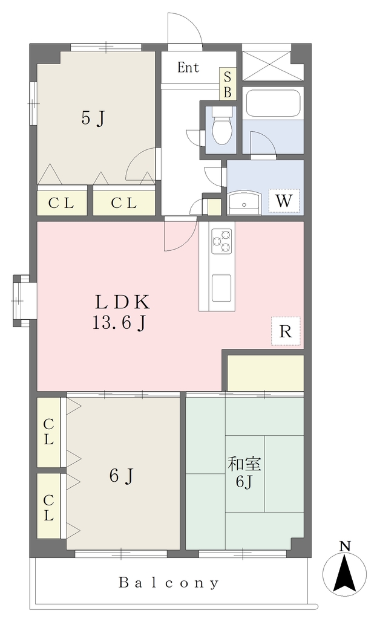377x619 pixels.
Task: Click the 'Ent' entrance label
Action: click(188, 68)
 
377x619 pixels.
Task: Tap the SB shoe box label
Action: click(228, 83)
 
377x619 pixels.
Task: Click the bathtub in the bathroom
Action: click(272, 103)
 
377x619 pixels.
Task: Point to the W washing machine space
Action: click(284, 201)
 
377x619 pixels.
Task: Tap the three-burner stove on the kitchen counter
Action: click(221, 241)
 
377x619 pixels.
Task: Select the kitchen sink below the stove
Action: click(221, 288)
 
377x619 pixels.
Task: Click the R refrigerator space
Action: click(286, 332)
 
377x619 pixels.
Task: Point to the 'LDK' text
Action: click(122, 302)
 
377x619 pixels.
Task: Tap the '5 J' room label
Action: click(94, 118)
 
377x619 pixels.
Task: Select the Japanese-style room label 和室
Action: click(244, 464)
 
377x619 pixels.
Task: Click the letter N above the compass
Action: click(346, 546)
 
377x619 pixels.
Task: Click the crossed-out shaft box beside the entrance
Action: click(266, 65)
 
